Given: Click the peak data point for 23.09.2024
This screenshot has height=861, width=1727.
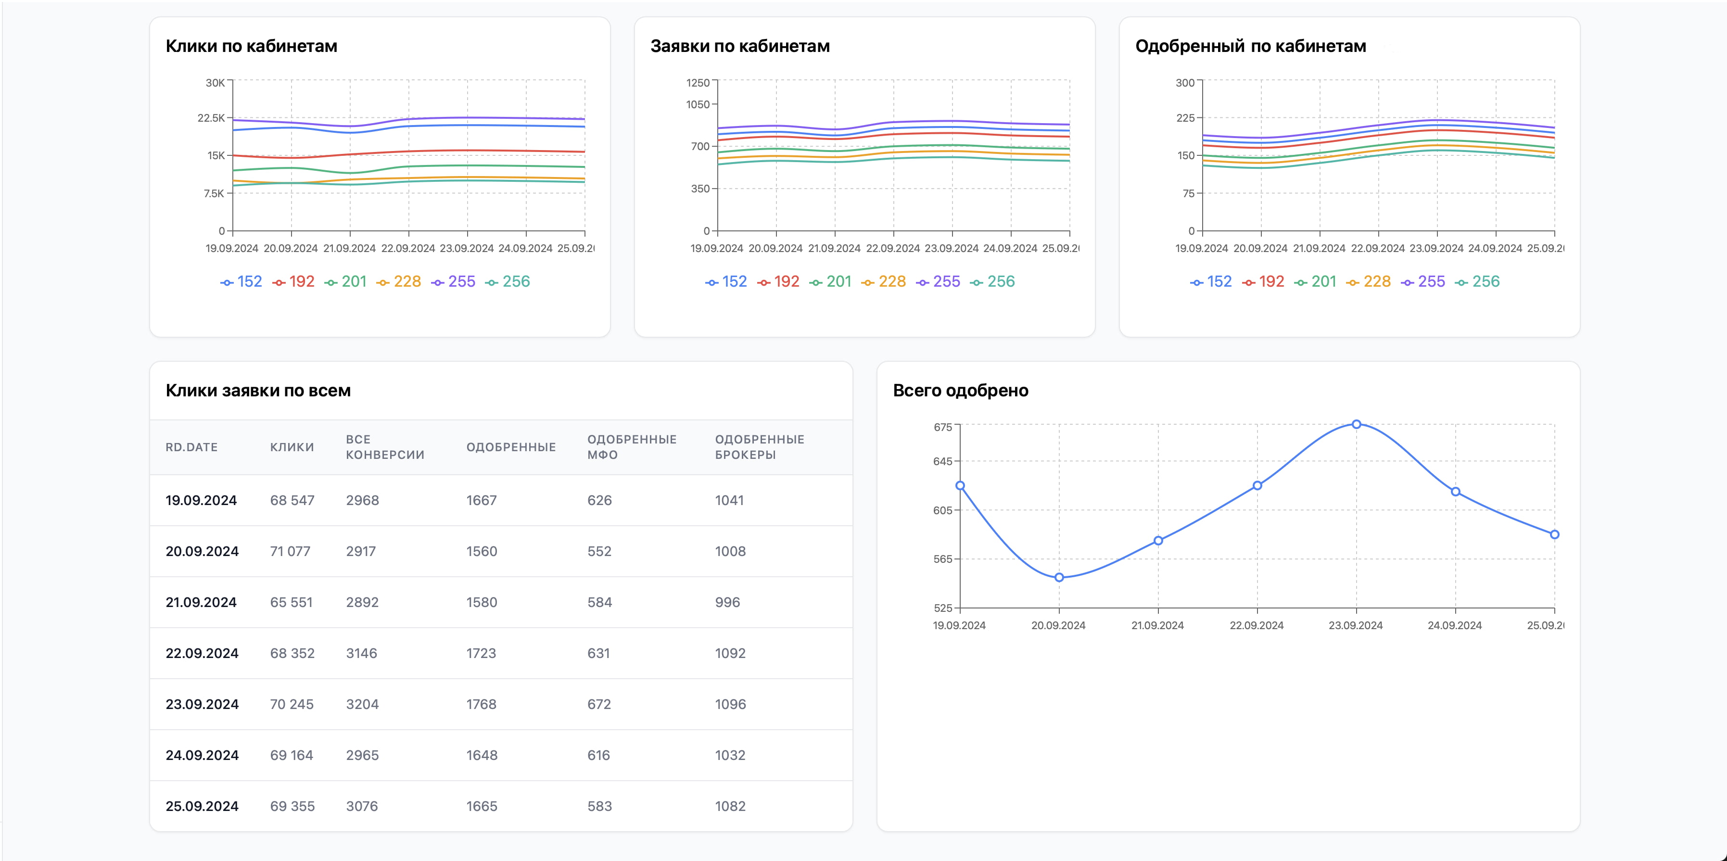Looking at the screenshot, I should [1356, 424].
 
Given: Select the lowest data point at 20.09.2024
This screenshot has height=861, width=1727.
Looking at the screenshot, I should [1059, 577].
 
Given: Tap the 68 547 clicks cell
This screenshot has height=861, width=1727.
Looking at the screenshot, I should [292, 500].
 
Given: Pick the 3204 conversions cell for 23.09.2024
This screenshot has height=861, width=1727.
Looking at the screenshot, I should [362, 704].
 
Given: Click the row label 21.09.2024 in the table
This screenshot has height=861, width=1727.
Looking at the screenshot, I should [201, 602].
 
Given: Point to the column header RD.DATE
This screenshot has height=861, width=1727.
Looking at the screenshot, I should [192, 447].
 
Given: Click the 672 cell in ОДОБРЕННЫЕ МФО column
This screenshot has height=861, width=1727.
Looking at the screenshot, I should [599, 704].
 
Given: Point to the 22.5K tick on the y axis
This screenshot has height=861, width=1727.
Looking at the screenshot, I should [211, 118].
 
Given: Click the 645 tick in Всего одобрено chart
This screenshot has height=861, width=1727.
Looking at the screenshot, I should [942, 461].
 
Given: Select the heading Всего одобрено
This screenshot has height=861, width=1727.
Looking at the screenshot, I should [960, 390].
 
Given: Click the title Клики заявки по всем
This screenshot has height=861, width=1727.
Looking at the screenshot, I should [258, 390].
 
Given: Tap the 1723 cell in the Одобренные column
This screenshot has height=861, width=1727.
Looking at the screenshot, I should [482, 653].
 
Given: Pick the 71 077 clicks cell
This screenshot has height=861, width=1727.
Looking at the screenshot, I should [290, 551].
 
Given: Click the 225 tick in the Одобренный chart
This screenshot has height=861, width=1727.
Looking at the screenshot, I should [1185, 118].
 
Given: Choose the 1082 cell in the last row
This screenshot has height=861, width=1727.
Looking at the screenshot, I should [730, 806].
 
